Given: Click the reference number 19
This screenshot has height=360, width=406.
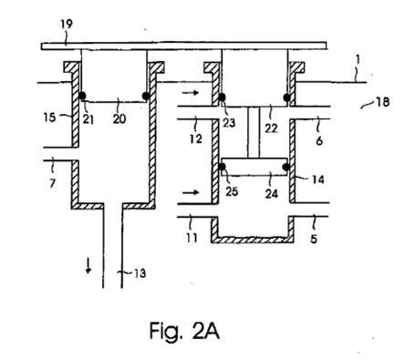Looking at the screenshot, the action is click(67, 24).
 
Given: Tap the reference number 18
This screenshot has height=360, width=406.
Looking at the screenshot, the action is click(383, 102).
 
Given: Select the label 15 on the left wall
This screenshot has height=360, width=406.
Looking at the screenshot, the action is click(49, 117).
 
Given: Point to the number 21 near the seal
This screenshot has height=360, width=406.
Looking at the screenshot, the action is click(88, 119).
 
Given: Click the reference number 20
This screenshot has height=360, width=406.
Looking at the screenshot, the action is click(120, 118).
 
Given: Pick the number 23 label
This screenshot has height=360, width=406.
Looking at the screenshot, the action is click(229, 122).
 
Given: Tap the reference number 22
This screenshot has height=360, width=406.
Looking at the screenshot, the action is click(271, 129).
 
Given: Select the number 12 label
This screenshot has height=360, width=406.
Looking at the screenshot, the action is click(196, 139).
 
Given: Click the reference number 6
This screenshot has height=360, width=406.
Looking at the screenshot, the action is click(319, 140).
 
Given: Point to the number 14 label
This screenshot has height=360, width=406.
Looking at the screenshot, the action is click(318, 180).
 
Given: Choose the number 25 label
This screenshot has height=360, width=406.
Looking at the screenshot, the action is click(232, 191).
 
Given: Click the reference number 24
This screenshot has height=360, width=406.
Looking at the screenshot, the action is click(272, 193).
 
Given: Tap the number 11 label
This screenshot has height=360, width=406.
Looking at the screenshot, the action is click(192, 238).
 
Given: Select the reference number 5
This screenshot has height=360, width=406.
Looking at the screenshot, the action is click(314, 239).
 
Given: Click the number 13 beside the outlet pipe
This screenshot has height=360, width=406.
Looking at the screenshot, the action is click(140, 273).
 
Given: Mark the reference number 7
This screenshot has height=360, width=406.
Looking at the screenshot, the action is click(52, 183).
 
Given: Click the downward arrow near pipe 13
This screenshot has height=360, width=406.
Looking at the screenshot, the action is click(88, 266).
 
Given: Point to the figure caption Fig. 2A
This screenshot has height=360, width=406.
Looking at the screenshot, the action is click(184, 331).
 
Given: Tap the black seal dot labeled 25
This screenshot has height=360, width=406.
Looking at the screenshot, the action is click(222, 167).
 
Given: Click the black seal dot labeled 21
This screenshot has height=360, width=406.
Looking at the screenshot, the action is click(82, 96).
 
